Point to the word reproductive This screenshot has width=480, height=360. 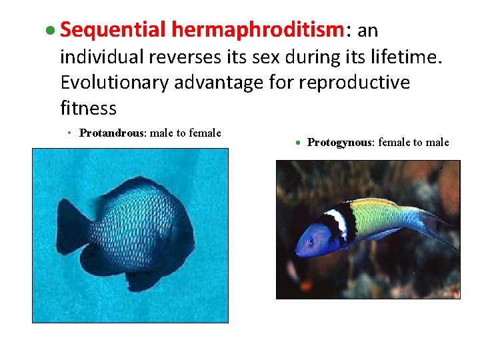[355, 82]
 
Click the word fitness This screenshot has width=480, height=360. [88, 108]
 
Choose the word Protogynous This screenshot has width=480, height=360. [340, 142]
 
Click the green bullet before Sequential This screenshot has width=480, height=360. [50, 31]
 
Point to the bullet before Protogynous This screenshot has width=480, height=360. [298, 143]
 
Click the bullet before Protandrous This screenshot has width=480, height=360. [69, 133]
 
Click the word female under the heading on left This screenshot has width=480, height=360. [205, 133]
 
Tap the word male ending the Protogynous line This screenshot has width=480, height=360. [438, 142]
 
